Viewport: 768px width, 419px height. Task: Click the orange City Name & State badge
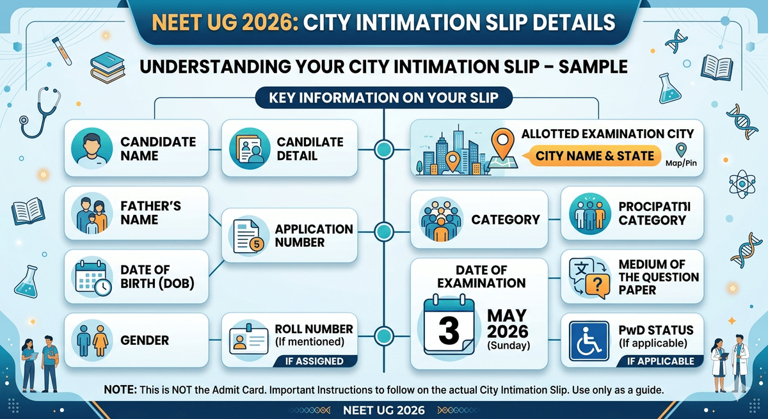coord(595,155)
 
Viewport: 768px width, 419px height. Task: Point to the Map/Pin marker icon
coord(681,150)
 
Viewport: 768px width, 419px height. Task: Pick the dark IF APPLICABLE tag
coord(660,361)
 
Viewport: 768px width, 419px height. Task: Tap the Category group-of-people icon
coord(442,219)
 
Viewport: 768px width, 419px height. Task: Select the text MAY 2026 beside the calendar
coord(507,324)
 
